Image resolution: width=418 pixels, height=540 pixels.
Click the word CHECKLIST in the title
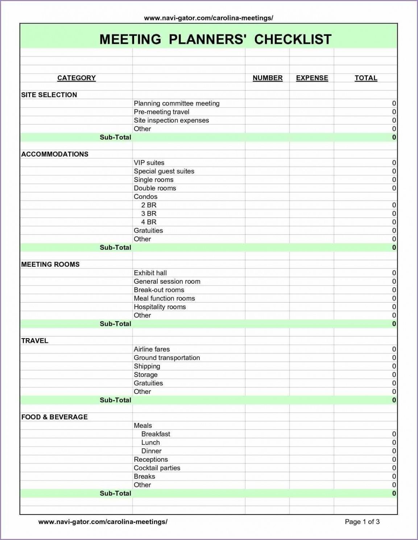coord(293,39)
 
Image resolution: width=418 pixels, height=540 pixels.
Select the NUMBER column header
coord(268,78)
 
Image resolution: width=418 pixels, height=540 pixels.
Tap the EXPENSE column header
coord(312,78)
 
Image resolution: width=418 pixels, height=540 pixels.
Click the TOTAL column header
coord(366,78)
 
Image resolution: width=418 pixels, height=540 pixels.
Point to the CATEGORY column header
coord(76,78)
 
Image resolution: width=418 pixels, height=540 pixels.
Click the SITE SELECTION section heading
coord(49,95)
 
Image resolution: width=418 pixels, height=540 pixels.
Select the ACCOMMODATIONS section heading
coord(55,154)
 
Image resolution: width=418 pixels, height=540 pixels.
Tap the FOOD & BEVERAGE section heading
coord(54,417)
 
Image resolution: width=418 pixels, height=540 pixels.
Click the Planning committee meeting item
coord(177,103)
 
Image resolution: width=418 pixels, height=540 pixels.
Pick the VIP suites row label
coord(149,163)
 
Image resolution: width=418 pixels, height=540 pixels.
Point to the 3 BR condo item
coord(149,213)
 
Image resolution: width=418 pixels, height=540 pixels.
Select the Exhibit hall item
coord(150,273)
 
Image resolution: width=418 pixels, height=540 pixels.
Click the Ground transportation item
coord(167,358)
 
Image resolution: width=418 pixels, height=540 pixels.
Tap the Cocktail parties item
coord(157,468)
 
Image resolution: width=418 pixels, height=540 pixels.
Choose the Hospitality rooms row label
coord(160,307)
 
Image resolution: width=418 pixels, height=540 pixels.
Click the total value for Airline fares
coord(394,349)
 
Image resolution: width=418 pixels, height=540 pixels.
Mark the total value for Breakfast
coord(394,434)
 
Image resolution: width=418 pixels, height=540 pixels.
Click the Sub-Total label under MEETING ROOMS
coord(115,324)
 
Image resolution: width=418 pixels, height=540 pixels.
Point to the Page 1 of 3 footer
coord(362,522)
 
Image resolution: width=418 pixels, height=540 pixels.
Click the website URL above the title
coord(208,18)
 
